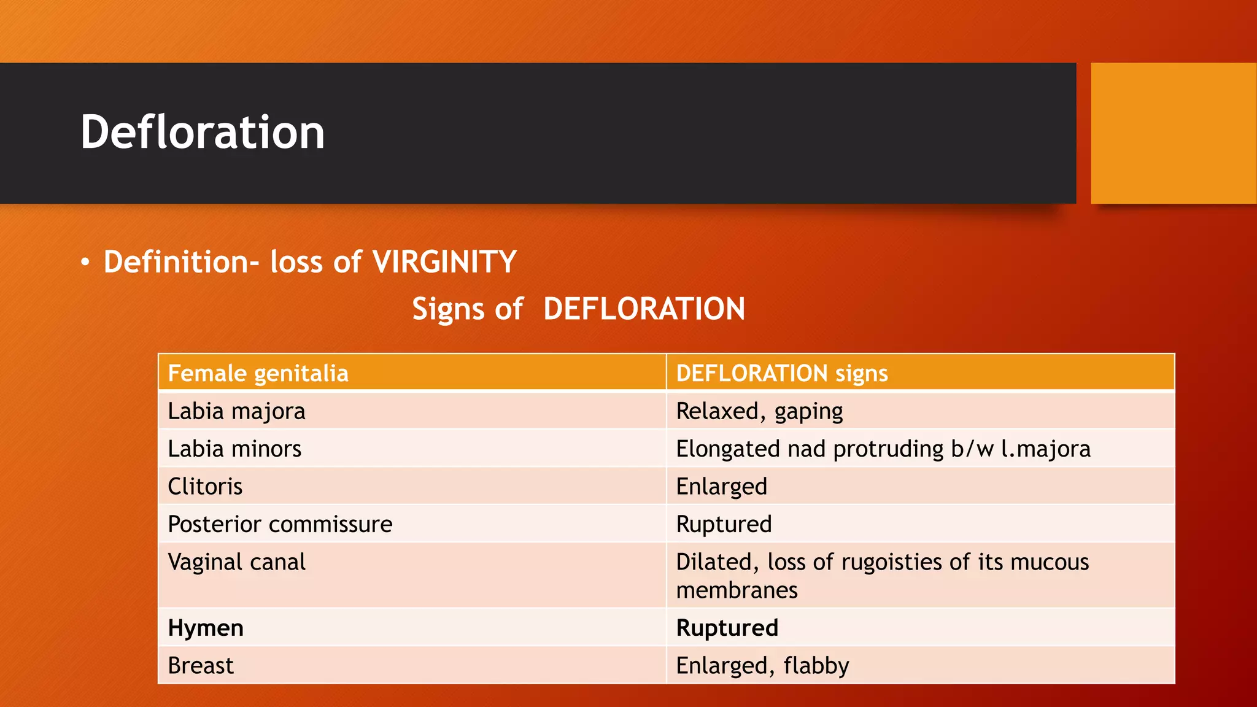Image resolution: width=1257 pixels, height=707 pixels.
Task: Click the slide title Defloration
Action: [x=203, y=133]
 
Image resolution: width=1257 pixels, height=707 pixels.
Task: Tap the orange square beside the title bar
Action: [x=1173, y=133]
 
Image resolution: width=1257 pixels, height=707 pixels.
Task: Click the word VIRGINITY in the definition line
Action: [x=444, y=262]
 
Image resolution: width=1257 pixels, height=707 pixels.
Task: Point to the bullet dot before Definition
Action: [x=85, y=263]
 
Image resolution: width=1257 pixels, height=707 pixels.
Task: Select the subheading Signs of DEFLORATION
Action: [x=578, y=309]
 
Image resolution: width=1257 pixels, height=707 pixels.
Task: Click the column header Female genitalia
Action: [x=258, y=373]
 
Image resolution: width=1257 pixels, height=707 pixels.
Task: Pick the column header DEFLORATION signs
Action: [x=781, y=373]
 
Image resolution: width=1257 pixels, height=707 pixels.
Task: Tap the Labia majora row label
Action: [x=236, y=411]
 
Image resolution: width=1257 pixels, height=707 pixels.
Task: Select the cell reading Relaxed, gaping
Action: [x=759, y=411]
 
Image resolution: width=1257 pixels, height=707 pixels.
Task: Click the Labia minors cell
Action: [x=234, y=449]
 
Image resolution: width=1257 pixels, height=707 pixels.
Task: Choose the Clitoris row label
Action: [x=205, y=487]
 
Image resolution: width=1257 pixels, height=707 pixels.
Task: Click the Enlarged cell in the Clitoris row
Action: [x=721, y=487]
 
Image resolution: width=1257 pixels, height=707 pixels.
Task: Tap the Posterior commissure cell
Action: [x=280, y=525]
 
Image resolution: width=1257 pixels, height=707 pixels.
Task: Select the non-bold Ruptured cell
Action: [x=724, y=525]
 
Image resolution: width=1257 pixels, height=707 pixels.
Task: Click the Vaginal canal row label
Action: [x=236, y=562]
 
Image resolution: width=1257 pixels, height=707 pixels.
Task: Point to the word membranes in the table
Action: [x=737, y=590]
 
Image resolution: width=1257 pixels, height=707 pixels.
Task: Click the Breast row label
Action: [x=201, y=666]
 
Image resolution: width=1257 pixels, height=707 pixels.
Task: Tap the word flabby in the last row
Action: [x=816, y=666]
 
